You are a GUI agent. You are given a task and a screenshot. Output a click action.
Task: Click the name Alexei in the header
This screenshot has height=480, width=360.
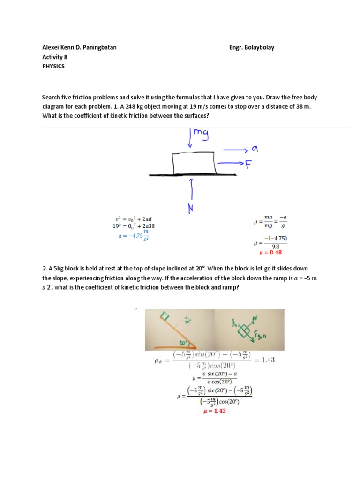[x=52, y=47]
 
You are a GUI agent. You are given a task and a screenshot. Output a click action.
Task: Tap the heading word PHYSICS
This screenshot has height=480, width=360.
[x=53, y=66]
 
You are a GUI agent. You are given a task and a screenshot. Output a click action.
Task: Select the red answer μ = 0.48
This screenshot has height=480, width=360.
[x=270, y=252]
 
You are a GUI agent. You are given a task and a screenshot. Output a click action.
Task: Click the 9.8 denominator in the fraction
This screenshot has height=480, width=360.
[x=275, y=246]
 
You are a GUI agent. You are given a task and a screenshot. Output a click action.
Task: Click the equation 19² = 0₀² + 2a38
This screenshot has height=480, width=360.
[x=134, y=225]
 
